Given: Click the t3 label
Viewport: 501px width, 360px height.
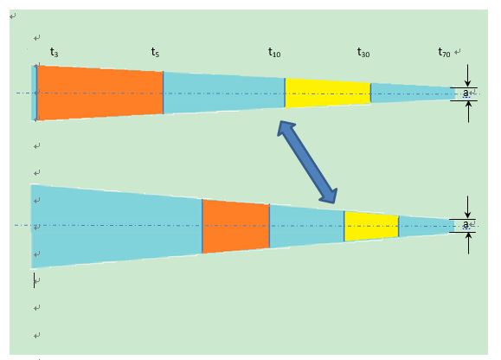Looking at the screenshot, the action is tap(55, 52).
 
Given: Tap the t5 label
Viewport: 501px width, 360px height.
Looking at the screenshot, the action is tap(155, 52).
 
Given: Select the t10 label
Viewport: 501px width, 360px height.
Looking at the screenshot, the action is tap(274, 52).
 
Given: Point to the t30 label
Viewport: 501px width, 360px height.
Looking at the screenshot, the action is tap(363, 52).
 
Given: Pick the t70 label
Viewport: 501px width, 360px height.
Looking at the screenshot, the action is tap(444, 52).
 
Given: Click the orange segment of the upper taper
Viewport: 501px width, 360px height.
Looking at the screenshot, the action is tap(100, 93).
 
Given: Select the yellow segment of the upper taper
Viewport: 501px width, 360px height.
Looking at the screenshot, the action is tap(328, 93).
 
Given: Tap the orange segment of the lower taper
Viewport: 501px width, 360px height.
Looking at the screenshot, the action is tap(236, 226).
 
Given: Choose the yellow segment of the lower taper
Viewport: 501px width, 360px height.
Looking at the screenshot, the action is tap(371, 226).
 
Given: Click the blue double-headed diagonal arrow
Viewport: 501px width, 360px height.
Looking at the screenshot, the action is tap(307, 162).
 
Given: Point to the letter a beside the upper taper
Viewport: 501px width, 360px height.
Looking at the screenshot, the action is tap(466, 93).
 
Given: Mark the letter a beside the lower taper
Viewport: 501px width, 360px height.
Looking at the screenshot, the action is tap(466, 224).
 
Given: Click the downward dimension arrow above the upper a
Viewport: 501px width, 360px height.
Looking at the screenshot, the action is tap(468, 75).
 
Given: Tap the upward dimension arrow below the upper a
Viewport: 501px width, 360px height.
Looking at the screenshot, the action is tap(468, 112).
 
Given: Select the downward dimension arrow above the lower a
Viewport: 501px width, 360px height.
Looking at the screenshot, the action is tap(468, 208).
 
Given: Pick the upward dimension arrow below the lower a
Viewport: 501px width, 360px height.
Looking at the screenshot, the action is tap(468, 243).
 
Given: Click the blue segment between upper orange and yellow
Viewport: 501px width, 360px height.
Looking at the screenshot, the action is tap(224, 93).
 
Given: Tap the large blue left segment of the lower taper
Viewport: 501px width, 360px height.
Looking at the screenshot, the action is tap(117, 226).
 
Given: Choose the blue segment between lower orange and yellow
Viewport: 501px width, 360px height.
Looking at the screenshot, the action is tap(306, 226).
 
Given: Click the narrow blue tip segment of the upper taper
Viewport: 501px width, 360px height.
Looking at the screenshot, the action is tap(412, 93).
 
